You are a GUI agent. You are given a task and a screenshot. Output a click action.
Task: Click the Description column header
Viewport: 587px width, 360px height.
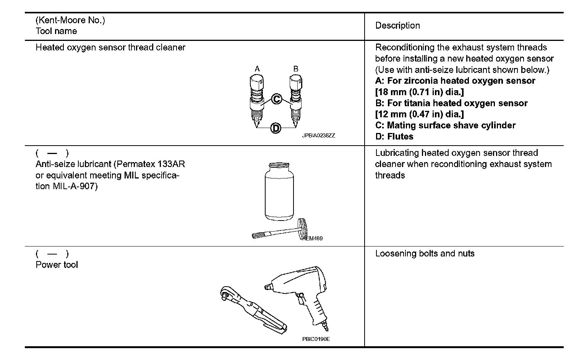click(397, 26)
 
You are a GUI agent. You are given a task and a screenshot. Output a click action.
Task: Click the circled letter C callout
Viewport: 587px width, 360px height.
click(276, 99)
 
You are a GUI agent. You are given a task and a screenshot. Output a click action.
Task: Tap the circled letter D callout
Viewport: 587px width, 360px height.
click(276, 128)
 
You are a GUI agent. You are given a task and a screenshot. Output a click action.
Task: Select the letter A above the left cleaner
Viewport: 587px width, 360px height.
click(257, 69)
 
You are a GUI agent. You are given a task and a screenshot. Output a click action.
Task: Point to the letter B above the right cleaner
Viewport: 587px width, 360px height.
click(295, 69)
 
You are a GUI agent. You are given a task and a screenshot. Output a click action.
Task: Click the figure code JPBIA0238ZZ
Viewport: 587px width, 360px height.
click(318, 136)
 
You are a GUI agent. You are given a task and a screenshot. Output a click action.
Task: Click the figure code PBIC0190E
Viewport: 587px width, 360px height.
click(316, 339)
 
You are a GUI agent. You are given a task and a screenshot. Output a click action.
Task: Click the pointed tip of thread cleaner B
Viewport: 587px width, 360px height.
click(295, 125)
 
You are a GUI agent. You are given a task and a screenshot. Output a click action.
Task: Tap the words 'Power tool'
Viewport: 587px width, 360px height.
click(57, 265)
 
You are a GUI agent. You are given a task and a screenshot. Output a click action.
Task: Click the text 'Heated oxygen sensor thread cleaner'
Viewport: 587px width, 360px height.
click(110, 48)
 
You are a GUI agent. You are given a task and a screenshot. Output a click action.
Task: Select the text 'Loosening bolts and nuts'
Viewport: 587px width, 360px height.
click(425, 253)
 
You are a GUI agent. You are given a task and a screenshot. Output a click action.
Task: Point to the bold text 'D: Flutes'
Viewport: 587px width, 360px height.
click(394, 136)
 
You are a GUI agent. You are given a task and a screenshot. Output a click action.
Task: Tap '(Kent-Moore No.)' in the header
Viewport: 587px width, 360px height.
click(70, 20)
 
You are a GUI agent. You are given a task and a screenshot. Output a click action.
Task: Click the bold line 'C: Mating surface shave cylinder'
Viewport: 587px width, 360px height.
click(445, 125)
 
